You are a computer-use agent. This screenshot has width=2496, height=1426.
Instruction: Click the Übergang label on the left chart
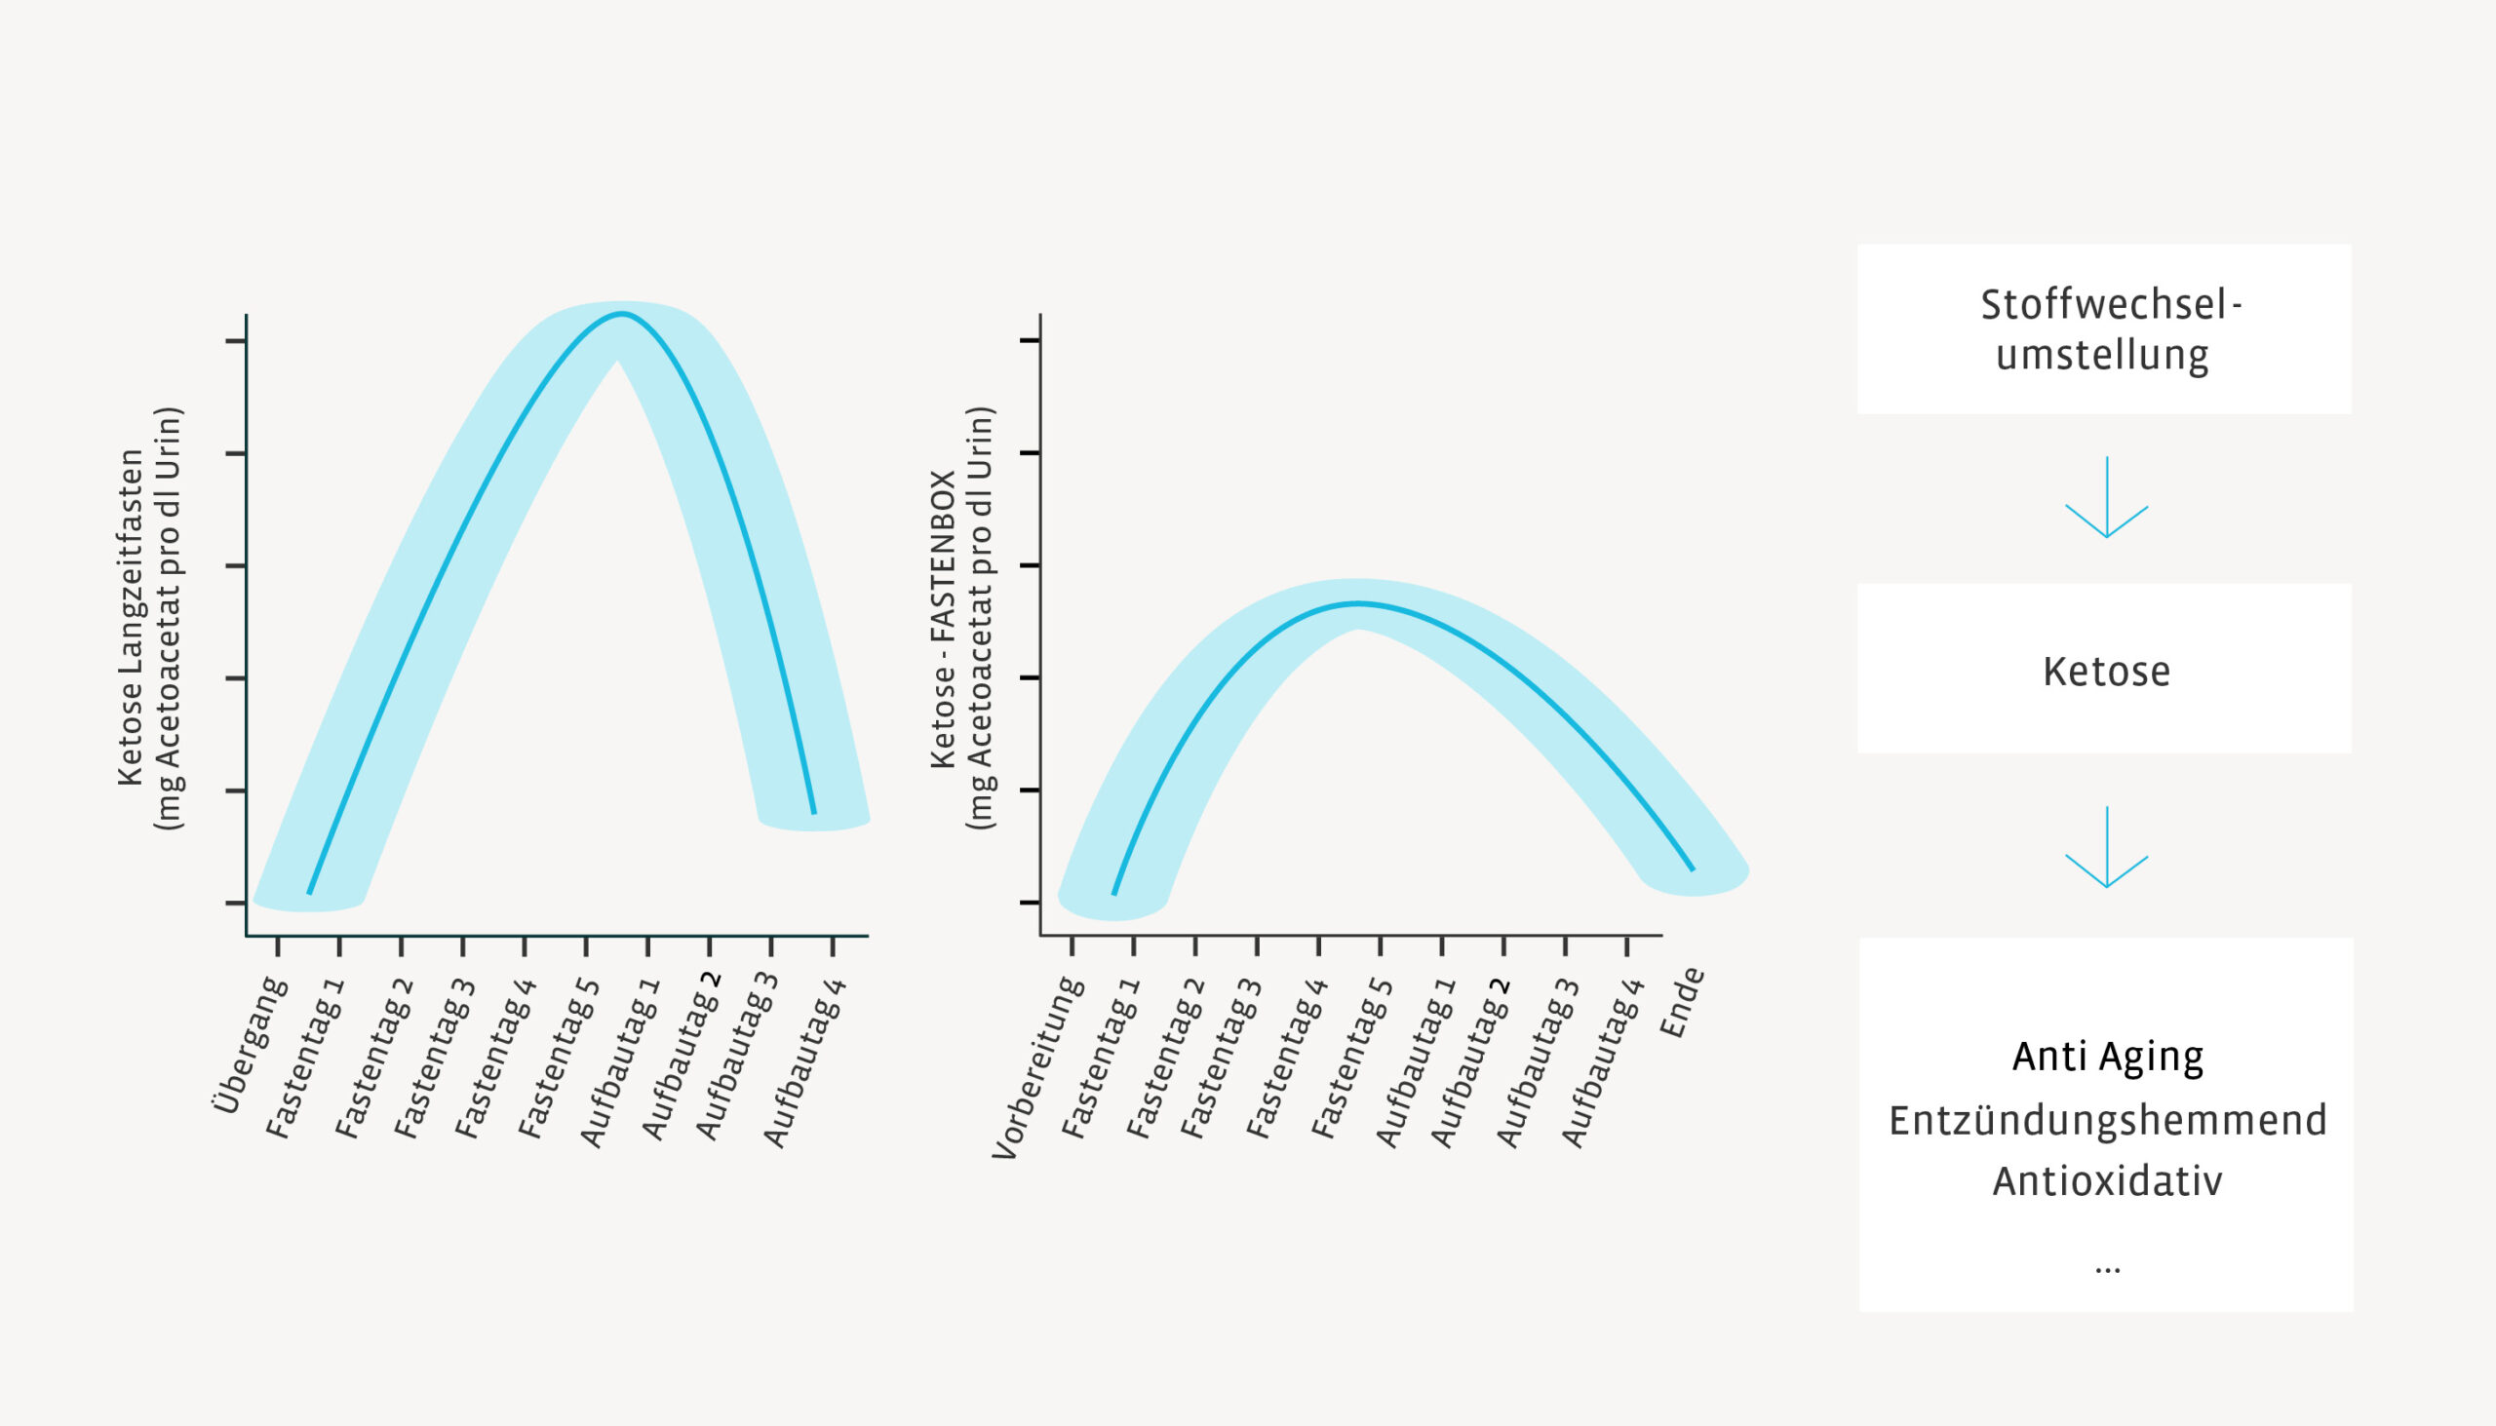pos(251,1045)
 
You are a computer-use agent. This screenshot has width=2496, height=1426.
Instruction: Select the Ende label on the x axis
pos(1683,1002)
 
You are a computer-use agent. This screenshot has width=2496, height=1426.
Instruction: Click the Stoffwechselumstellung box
pos(2103,329)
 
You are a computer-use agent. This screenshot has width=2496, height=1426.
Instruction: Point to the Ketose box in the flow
pos(2103,669)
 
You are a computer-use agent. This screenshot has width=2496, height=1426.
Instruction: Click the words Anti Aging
pos(2107,1057)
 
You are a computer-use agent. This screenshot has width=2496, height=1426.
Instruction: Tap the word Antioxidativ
pos(2107,1181)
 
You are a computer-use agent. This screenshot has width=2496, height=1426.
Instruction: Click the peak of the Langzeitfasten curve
pos(622,315)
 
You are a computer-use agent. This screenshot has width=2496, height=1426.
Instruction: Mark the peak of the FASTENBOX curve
pos(1358,604)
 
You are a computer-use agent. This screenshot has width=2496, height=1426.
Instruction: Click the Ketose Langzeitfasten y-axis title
pos(131,617)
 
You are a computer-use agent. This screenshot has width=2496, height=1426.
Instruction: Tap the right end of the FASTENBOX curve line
pos(1692,868)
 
